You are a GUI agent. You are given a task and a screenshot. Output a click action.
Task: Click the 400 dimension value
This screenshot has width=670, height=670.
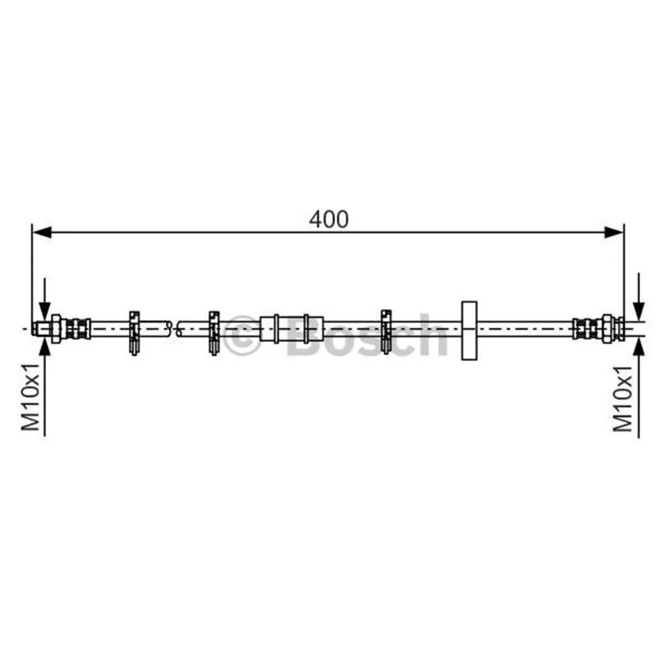click(328, 219)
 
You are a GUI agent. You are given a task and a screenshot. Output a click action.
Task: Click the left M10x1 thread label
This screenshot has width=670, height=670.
click(31, 397)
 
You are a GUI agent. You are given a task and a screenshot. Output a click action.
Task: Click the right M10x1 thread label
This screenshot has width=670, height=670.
click(622, 399)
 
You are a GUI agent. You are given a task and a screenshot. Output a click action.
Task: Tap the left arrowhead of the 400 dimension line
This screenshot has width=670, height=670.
click(42, 233)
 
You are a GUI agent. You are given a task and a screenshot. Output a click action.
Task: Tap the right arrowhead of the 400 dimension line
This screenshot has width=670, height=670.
click(614, 233)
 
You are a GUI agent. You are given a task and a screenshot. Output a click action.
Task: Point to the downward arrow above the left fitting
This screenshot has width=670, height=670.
click(44, 299)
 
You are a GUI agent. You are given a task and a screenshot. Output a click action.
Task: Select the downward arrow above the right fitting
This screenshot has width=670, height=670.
click(639, 296)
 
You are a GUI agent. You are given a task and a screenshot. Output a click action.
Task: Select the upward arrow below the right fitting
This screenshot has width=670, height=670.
click(639, 387)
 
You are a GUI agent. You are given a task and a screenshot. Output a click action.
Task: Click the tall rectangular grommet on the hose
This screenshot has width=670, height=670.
click(469, 330)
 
